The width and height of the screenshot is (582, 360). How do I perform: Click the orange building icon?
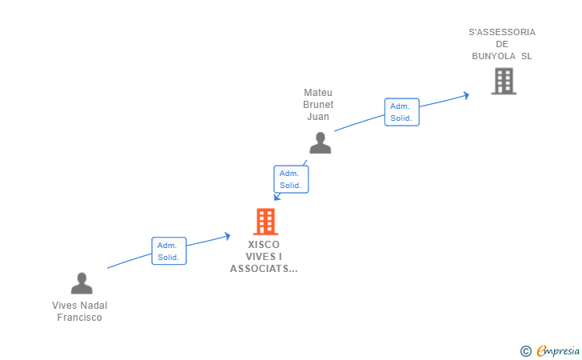(265, 222)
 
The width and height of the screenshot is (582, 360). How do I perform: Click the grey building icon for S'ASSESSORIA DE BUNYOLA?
(504, 81)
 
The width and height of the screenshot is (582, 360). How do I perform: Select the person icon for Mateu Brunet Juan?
(320, 142)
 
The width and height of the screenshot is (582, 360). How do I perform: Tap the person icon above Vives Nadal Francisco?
(82, 283)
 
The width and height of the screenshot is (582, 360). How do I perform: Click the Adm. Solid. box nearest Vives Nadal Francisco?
(169, 250)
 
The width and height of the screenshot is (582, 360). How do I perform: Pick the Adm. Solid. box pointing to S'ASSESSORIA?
(401, 112)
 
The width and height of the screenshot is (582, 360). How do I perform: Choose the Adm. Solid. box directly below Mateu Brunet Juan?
(291, 179)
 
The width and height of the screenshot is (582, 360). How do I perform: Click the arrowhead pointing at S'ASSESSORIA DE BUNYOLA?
(466, 95)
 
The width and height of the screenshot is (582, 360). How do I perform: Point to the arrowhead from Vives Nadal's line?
(227, 236)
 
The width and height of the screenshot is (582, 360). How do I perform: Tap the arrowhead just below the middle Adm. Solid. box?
(277, 197)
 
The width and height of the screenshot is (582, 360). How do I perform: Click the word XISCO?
(264, 245)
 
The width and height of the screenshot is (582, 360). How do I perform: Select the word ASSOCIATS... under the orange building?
(264, 269)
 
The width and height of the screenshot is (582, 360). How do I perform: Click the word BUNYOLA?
(494, 56)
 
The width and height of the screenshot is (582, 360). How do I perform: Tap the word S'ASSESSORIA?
(502, 32)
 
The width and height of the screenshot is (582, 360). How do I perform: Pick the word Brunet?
(318, 104)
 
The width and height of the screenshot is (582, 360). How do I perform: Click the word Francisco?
(79, 318)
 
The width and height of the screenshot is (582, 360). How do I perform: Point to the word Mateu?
(318, 93)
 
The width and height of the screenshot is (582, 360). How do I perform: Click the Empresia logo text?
(558, 350)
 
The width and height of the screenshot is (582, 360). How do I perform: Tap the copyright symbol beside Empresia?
(526, 351)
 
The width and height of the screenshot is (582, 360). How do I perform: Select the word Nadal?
(94, 306)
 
